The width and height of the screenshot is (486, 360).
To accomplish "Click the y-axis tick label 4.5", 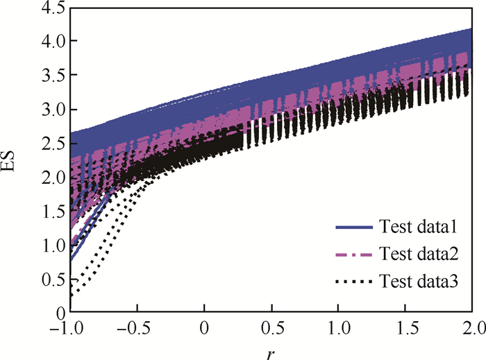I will pos(48,8).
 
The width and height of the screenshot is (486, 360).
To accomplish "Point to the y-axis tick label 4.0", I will pos(48,42).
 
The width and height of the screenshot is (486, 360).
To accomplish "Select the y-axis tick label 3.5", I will pos(48,76).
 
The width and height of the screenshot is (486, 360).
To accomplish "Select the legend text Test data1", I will pos(418,228).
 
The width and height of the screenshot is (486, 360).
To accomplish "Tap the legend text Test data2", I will pos(418,255).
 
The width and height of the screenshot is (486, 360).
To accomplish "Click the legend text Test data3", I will pos(418,282).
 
